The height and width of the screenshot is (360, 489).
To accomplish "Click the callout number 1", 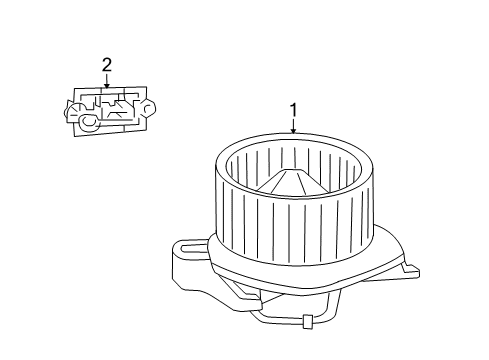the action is point(294,109).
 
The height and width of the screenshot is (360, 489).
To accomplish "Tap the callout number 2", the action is point(107,66).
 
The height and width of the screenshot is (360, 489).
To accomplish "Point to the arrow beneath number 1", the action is point(294,126).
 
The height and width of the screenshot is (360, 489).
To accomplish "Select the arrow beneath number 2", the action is point(107,81).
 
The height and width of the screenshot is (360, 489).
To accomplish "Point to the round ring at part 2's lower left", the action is point(87,122).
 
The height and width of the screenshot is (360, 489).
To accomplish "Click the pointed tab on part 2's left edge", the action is point(70,108).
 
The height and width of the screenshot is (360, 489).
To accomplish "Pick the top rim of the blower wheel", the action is point(294,137).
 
